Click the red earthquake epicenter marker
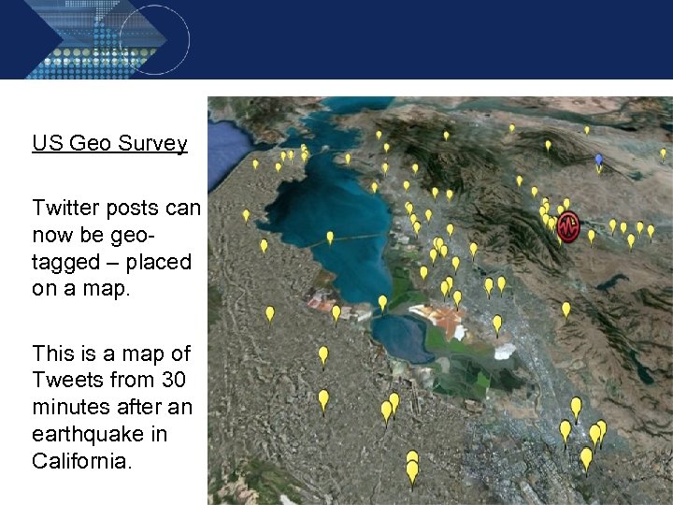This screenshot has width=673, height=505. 567,226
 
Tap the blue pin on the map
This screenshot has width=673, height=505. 599,161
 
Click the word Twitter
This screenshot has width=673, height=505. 65,208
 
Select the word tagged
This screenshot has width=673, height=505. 66,262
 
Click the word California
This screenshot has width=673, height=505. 79,461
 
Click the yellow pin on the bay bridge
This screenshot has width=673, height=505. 330,238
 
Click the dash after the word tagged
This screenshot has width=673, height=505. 117,263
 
